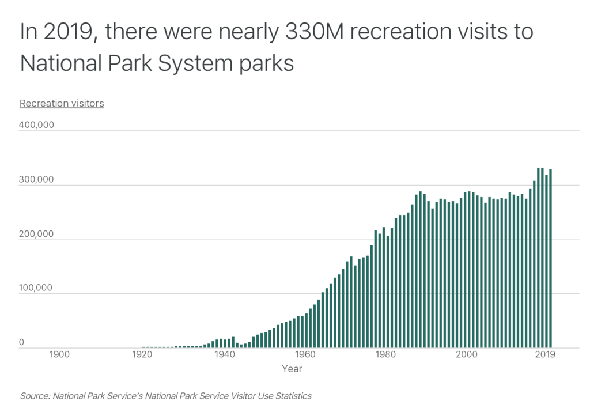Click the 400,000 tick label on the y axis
(x=37, y=125)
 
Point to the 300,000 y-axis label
(x=37, y=180)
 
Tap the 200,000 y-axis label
(x=37, y=235)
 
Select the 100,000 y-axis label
(x=37, y=288)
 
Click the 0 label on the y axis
(x=22, y=343)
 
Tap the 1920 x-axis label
(x=142, y=354)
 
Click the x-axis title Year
(x=292, y=368)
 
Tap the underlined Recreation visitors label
(x=62, y=104)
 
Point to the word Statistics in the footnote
(x=292, y=396)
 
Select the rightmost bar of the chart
(x=550, y=259)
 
